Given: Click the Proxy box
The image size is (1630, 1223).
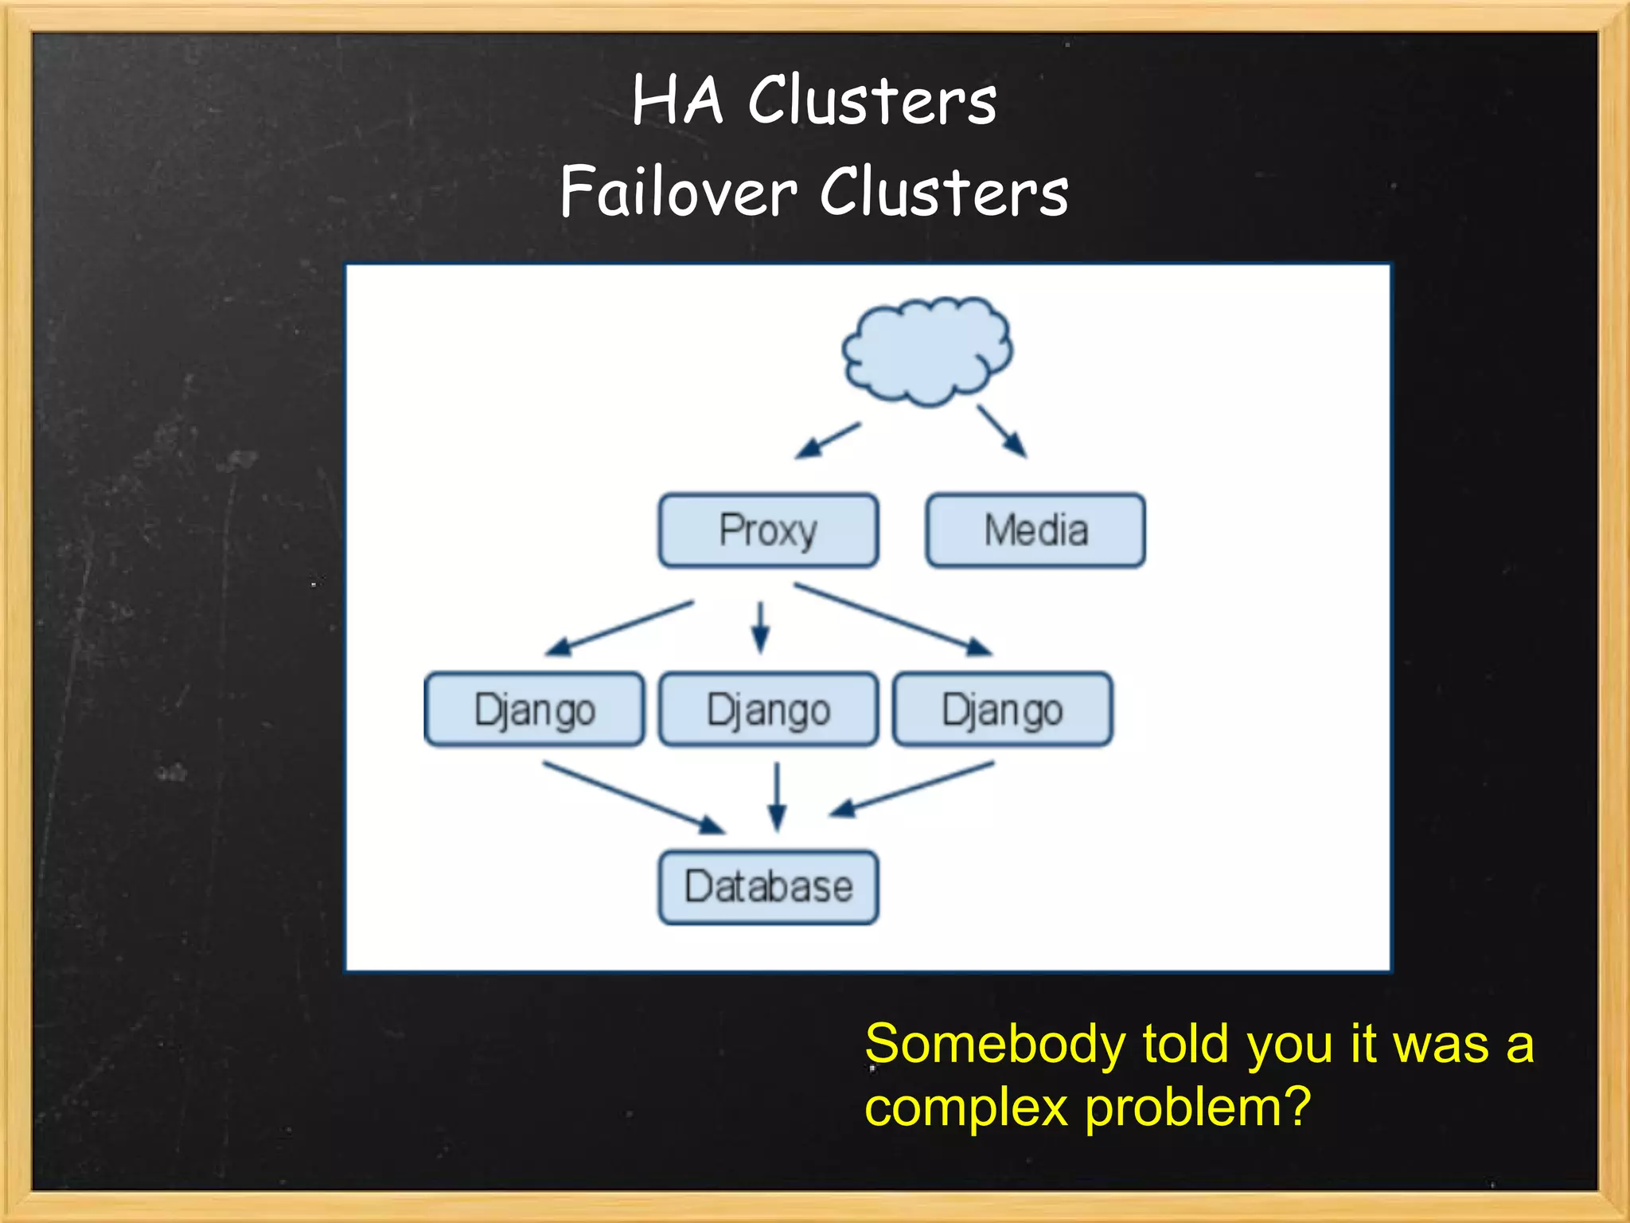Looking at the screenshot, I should coord(768,530).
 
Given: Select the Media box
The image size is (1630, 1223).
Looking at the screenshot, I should coord(1035,530).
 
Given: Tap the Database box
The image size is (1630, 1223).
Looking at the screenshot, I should coord(768,887).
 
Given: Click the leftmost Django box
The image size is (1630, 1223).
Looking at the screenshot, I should coord(534,709).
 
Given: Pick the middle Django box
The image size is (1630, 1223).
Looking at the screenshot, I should coord(768,709).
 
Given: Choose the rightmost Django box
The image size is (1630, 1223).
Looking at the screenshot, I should coord(1002,709).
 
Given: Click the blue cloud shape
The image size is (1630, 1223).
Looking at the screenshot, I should coord(927,351).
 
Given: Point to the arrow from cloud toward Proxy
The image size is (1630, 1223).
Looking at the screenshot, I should coord(828,440).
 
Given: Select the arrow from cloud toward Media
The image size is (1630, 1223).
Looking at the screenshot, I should coord(1002,431).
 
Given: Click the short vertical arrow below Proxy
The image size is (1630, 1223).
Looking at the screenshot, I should coord(760,627).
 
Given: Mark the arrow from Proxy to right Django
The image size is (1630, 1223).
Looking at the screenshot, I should coord(893,619).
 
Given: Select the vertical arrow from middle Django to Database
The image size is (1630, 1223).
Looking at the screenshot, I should coord(778,796).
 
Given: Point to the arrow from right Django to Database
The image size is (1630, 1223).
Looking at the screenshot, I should coord(912,789).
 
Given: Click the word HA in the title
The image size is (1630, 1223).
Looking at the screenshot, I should coord(677,101).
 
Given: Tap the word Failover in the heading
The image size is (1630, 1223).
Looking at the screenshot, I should coord(678,192).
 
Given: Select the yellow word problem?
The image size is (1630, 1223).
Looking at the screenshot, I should coord(1197,1108).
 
